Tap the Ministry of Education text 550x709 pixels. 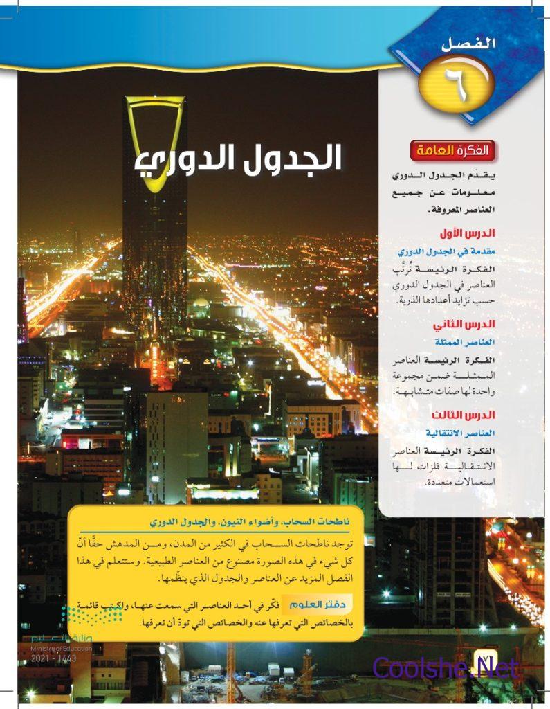coord(54,649)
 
